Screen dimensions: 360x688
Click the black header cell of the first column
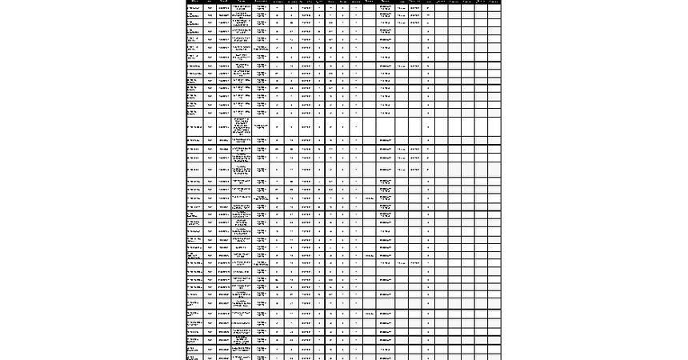[x=194, y=2]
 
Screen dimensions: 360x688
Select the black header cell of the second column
[x=210, y=2]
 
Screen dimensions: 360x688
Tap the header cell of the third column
[x=224, y=2]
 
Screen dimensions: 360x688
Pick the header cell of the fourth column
[x=242, y=2]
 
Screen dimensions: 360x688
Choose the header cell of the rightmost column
[x=494, y=2]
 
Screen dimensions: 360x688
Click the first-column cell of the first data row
[x=194, y=8]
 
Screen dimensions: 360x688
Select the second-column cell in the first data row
[x=210, y=8]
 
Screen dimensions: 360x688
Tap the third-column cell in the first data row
[x=224, y=8]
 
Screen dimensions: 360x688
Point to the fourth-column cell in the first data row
[x=242, y=8]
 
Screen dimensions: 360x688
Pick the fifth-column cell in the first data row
[x=261, y=8]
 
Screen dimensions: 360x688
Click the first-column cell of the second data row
[x=194, y=15]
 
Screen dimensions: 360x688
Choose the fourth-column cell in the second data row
[x=242, y=15]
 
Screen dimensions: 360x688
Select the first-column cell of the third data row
[x=194, y=23]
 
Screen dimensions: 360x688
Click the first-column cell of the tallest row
[x=194, y=126]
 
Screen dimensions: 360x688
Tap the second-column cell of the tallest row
[x=210, y=126]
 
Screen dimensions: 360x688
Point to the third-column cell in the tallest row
[x=224, y=126]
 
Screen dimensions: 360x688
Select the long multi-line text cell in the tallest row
[x=242, y=126]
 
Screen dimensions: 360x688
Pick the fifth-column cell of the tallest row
[x=261, y=126]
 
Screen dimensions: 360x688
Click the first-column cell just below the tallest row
[x=194, y=140]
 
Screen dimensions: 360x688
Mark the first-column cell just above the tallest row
[x=194, y=113]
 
